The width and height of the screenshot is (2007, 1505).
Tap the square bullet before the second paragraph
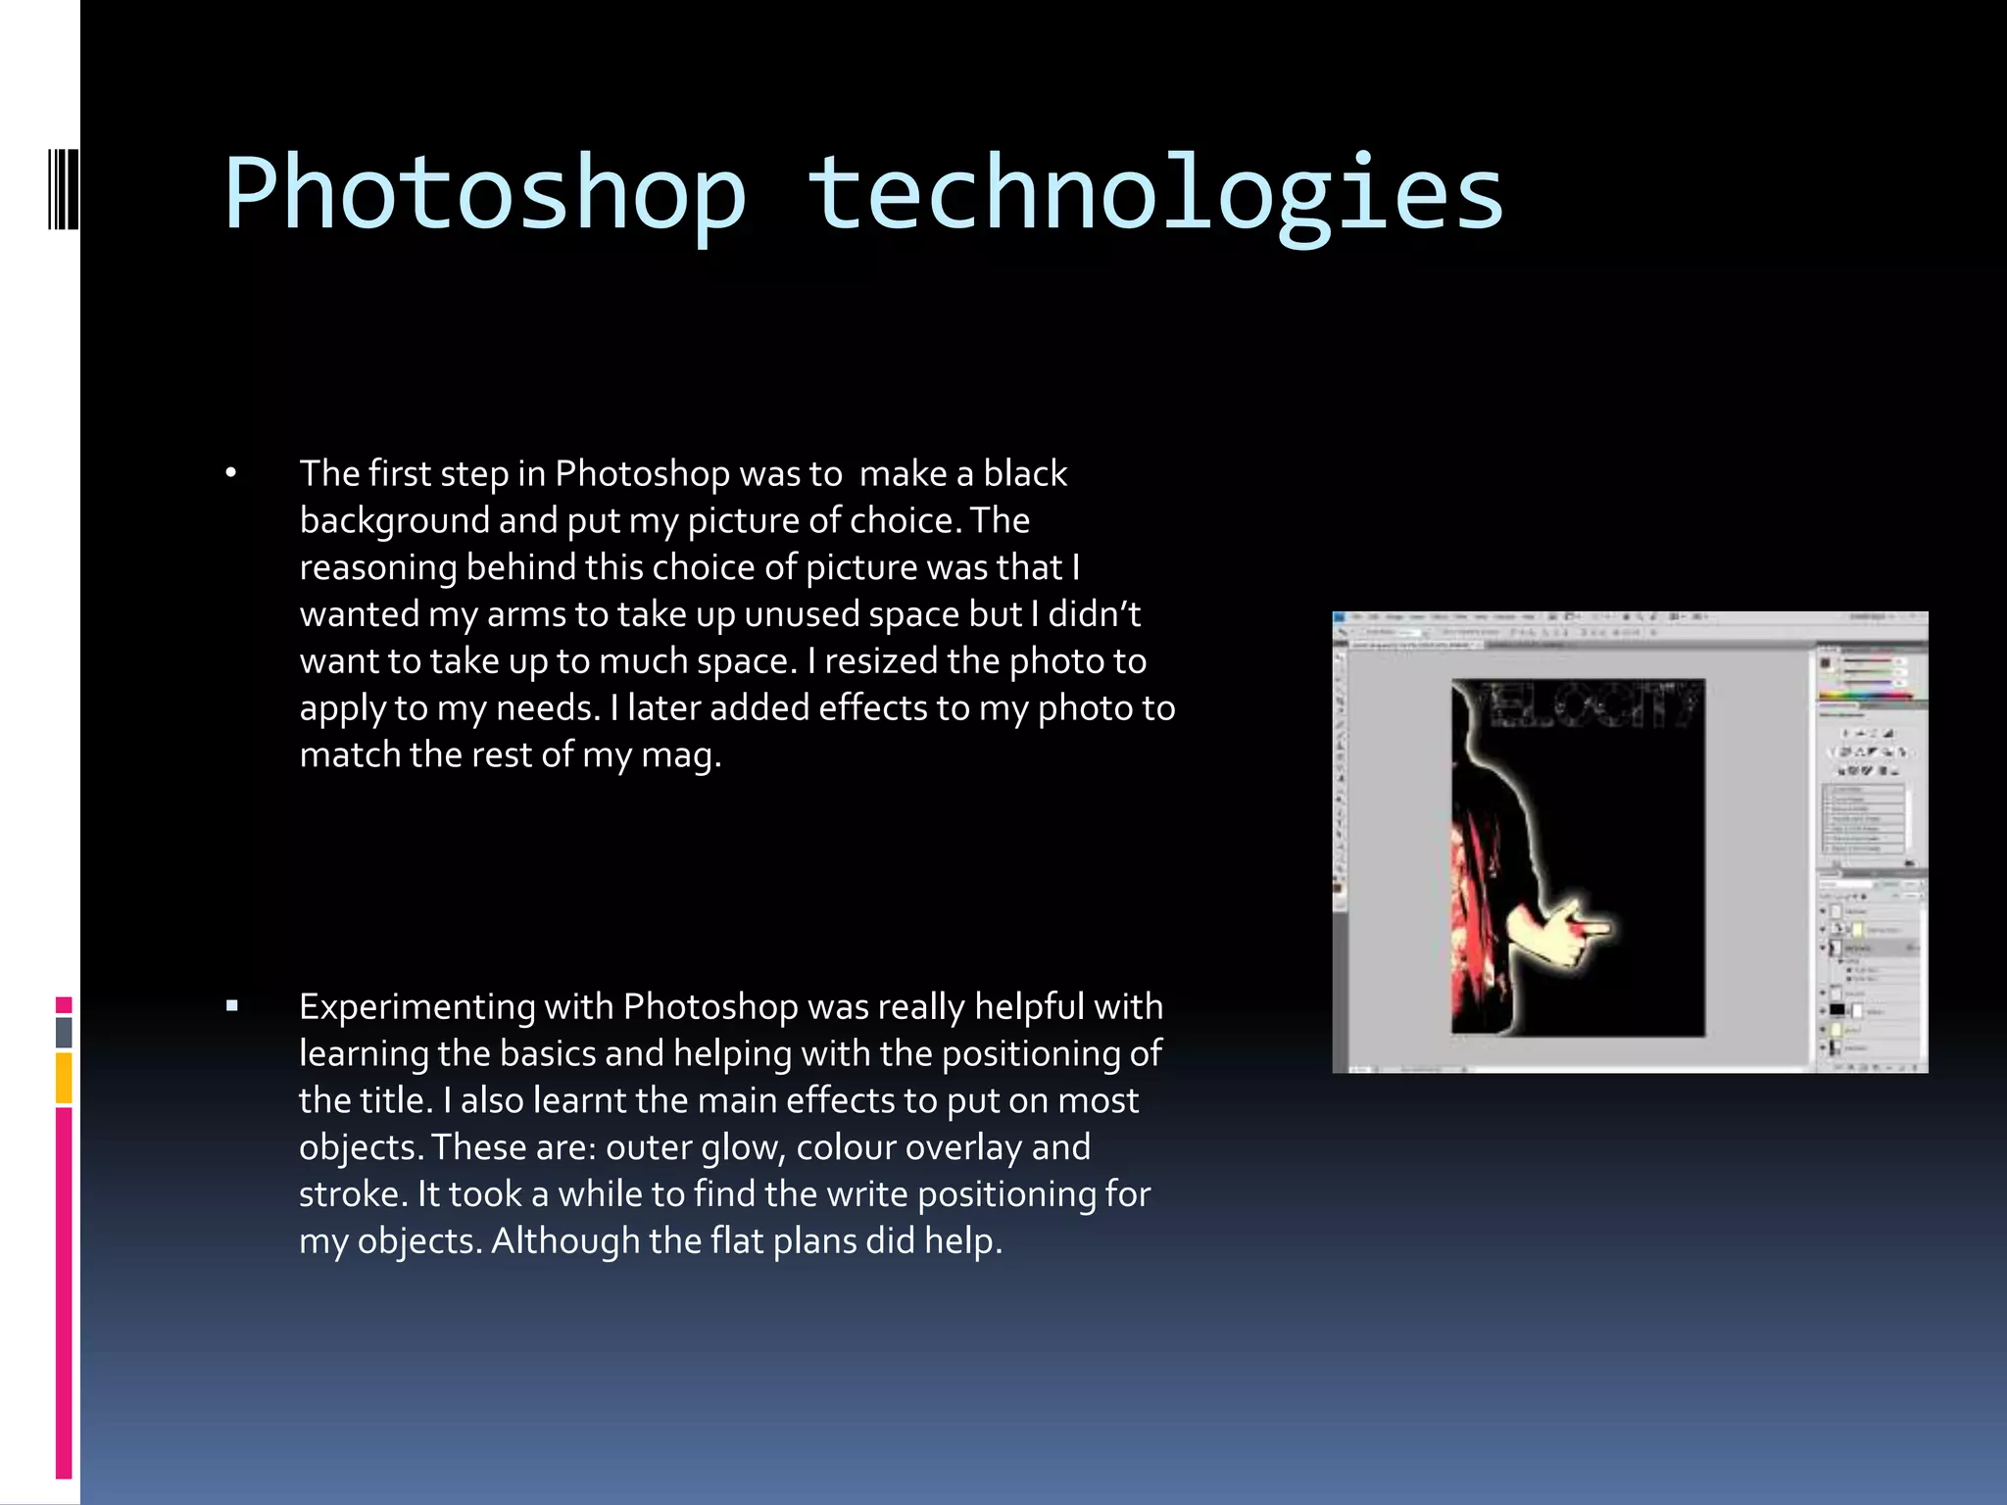click(232, 1005)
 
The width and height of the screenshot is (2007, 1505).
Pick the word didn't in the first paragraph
click(1094, 614)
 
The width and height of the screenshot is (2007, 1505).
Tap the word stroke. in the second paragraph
click(353, 1194)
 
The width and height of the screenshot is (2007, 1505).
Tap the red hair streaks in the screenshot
click(1474, 911)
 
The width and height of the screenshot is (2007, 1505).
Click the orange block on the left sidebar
click(64, 1078)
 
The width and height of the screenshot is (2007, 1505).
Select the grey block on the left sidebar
click(64, 1032)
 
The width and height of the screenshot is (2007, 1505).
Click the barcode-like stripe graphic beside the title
click(64, 188)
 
